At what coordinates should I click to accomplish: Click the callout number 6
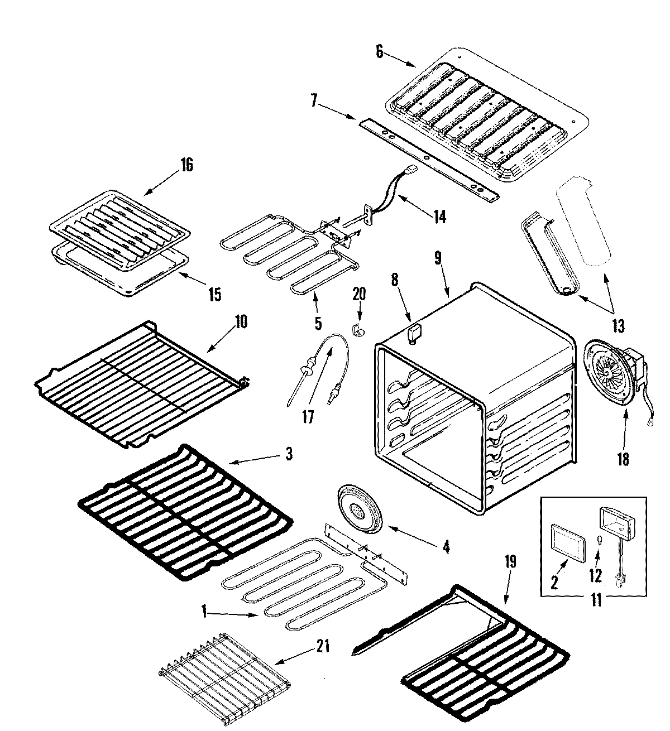click(x=380, y=52)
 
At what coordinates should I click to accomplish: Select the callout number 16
click(x=186, y=165)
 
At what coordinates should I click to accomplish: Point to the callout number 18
click(x=623, y=459)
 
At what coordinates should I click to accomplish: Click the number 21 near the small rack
click(x=323, y=647)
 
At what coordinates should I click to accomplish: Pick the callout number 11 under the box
click(x=596, y=602)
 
